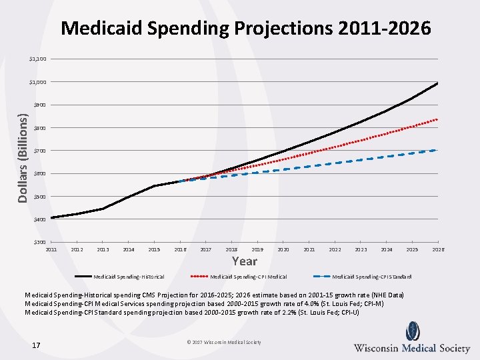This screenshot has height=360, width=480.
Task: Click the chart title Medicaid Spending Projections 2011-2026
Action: (x=245, y=28)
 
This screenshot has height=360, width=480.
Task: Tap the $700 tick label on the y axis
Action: (x=39, y=151)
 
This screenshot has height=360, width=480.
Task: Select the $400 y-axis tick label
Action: (x=39, y=219)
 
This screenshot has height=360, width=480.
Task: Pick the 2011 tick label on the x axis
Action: (x=51, y=249)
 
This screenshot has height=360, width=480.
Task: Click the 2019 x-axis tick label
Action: (x=257, y=249)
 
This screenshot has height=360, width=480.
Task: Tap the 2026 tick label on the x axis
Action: (x=438, y=249)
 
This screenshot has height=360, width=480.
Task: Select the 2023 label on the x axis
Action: (x=361, y=249)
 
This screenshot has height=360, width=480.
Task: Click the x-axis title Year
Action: (x=244, y=261)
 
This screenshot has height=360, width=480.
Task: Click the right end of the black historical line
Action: (x=437, y=83)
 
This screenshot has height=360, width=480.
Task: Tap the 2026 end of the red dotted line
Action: (x=437, y=119)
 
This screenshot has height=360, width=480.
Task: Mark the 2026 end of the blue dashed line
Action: (x=437, y=150)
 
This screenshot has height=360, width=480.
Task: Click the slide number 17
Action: (x=36, y=345)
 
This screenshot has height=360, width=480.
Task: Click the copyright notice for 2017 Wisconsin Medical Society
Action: (x=224, y=343)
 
